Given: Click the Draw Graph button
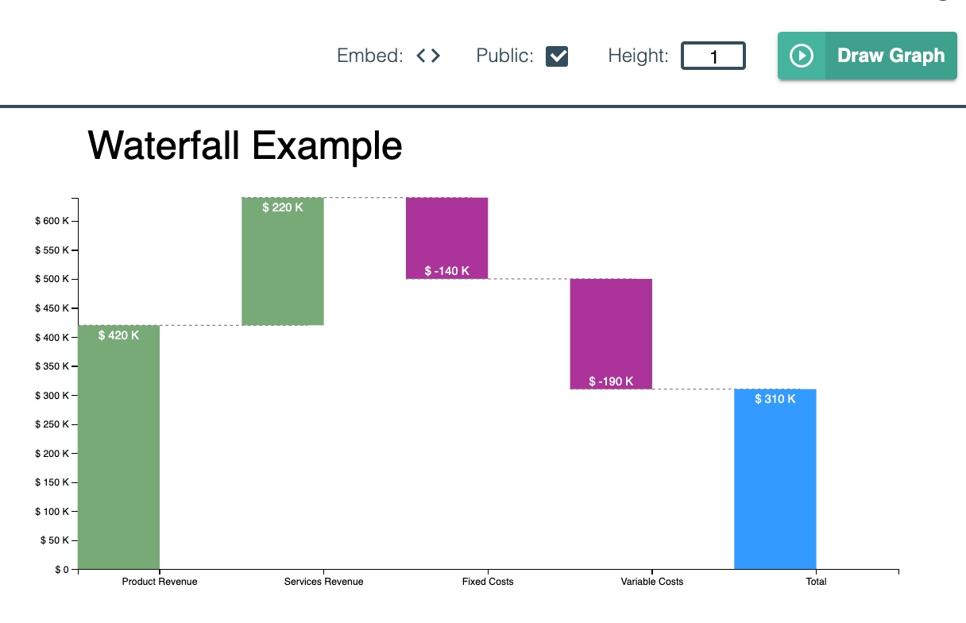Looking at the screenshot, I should click(x=867, y=56).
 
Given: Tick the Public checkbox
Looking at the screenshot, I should click(x=557, y=56).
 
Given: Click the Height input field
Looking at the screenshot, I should click(x=713, y=56).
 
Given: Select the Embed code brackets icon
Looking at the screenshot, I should click(x=428, y=56).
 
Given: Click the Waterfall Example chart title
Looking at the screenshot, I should click(x=245, y=146).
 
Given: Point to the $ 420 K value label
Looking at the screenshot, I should click(x=118, y=335).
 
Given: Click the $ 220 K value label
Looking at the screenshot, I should click(x=283, y=207).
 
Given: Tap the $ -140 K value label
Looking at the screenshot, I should click(x=446, y=271).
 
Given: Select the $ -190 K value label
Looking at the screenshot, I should click(x=611, y=381).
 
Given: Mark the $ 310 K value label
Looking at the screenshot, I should click(x=775, y=399).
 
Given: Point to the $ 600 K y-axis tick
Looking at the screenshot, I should click(x=52, y=221).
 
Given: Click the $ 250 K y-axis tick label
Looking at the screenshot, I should click(x=52, y=424).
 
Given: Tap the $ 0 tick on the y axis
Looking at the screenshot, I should click(x=61, y=569).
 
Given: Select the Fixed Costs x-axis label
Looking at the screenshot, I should click(x=488, y=582).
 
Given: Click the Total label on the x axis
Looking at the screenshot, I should click(x=816, y=582).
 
